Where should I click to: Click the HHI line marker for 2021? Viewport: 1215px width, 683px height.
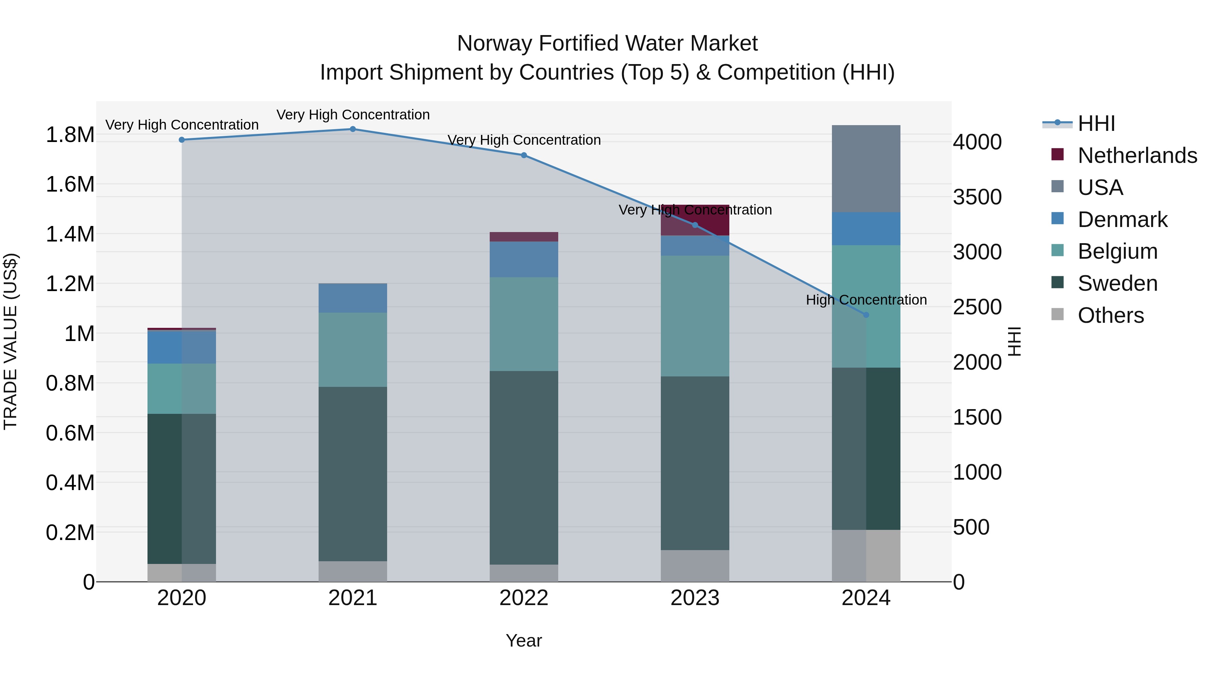[353, 129]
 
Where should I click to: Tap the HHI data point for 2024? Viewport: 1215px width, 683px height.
[866, 315]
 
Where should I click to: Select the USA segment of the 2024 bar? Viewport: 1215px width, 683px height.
[866, 169]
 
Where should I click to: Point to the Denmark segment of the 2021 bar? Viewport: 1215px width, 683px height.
[353, 298]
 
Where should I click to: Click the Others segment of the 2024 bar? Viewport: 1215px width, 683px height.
[866, 556]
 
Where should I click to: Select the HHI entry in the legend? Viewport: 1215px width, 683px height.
[1096, 123]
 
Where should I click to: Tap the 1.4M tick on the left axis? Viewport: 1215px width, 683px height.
[70, 234]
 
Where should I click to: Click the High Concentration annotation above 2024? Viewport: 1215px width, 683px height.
[866, 300]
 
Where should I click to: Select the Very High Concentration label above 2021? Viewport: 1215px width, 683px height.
[353, 115]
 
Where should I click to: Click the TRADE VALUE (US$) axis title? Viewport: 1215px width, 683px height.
[10, 341]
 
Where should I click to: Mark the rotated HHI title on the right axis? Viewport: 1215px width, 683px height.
[1014, 341]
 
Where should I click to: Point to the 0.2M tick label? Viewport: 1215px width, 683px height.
[70, 533]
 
